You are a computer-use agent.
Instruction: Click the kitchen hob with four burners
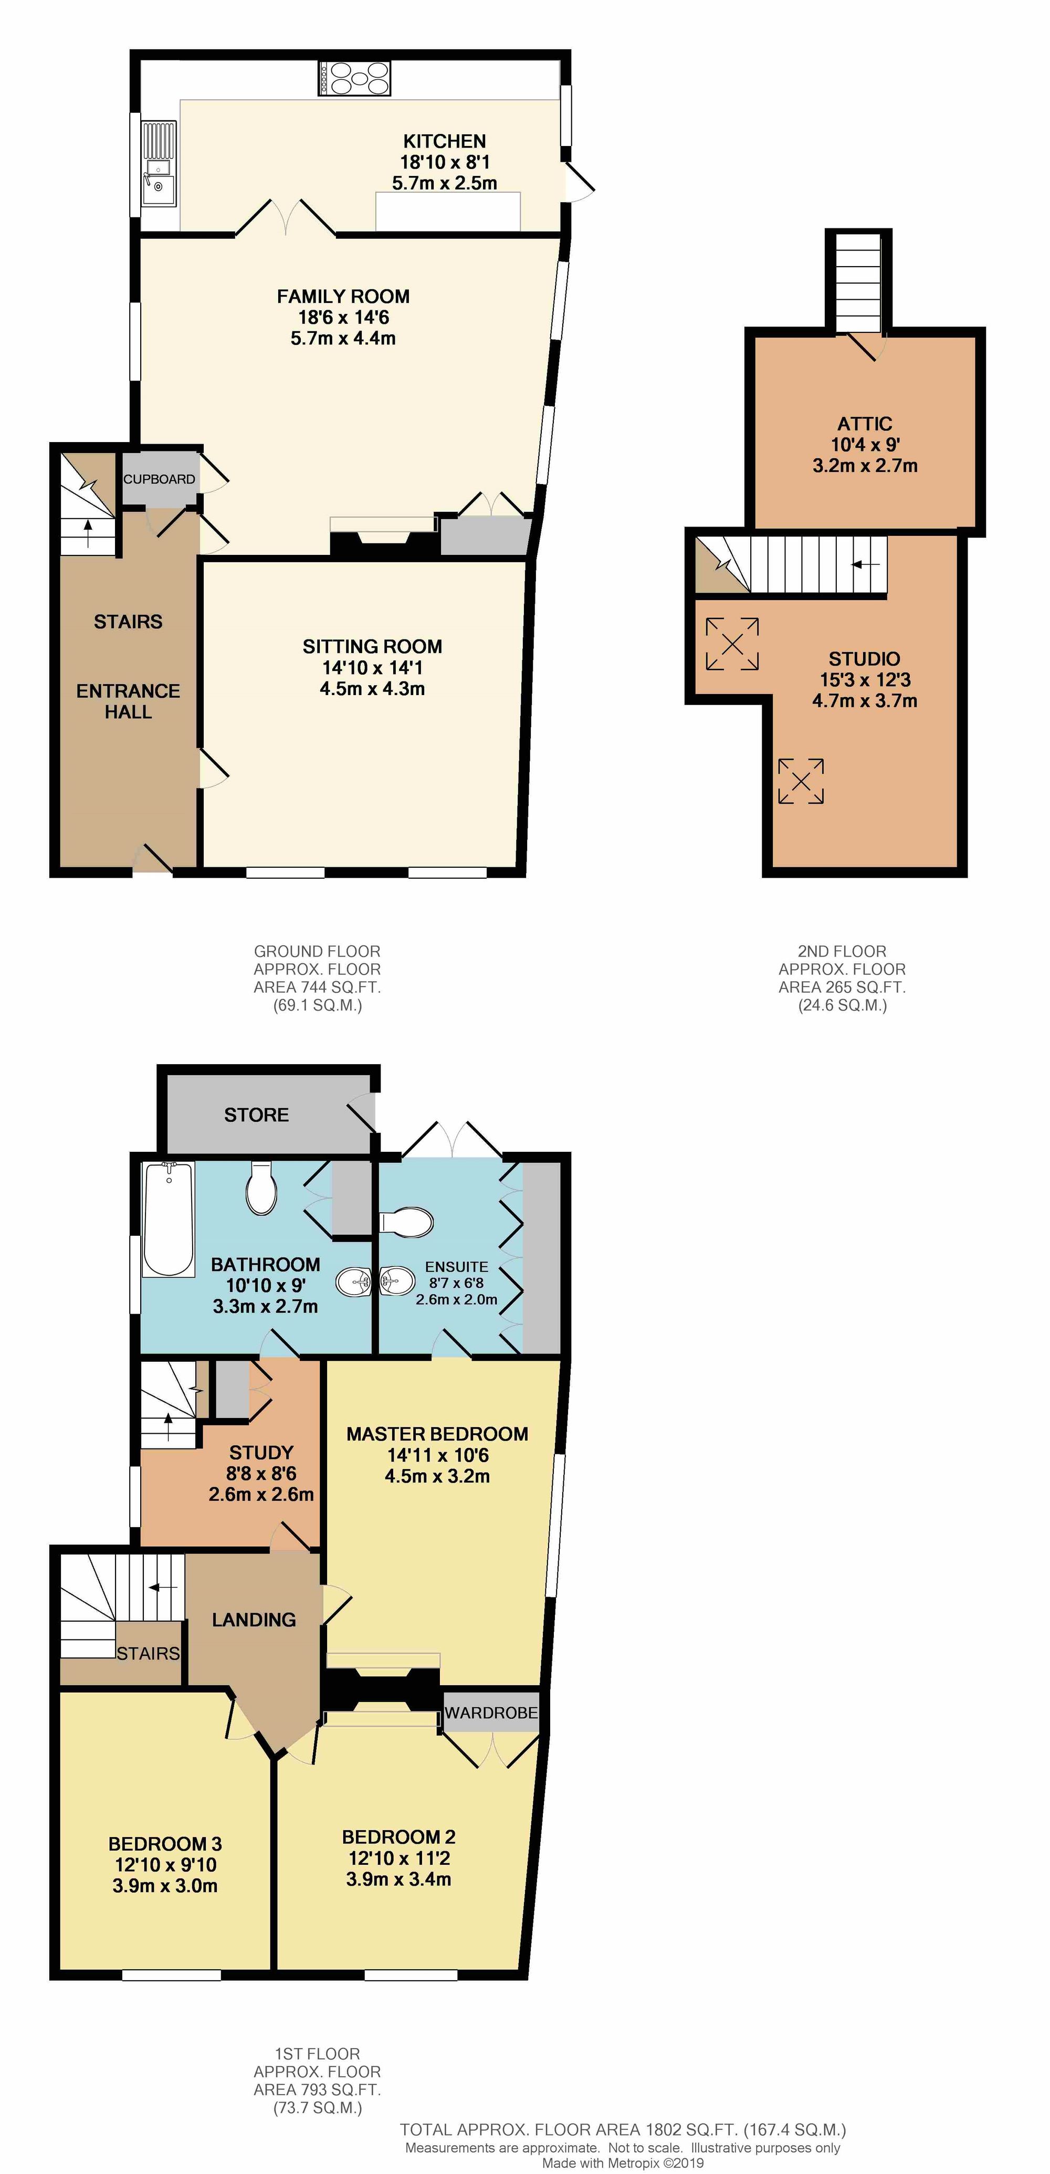pyautogui.click(x=354, y=79)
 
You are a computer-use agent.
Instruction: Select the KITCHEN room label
pyautogui.click(x=444, y=141)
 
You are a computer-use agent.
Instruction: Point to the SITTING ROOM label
pyautogui.click(x=372, y=646)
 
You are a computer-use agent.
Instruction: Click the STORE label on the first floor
pyautogui.click(x=257, y=1115)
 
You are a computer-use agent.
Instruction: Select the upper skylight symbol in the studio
pyautogui.click(x=732, y=644)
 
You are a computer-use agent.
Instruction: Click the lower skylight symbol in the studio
pyautogui.click(x=800, y=781)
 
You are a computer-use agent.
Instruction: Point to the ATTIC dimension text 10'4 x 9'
pyautogui.click(x=865, y=445)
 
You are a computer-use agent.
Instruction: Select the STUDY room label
pyautogui.click(x=261, y=1453)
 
